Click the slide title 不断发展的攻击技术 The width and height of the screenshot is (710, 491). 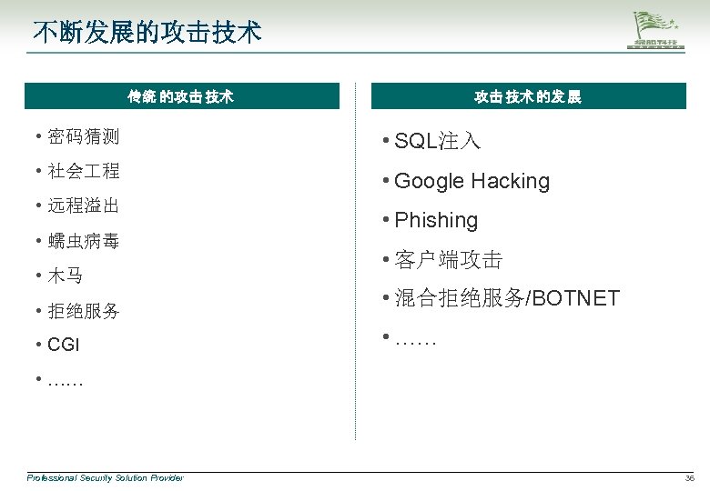[x=147, y=33]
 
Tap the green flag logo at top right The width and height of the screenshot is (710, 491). [x=658, y=31]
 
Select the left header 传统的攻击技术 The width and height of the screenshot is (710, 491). [x=181, y=96]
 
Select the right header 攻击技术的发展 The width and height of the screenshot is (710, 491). [x=527, y=96]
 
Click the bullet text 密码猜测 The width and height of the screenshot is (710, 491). [x=83, y=137]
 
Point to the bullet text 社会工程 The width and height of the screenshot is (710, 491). [x=83, y=171]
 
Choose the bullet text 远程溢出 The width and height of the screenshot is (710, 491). [x=83, y=205]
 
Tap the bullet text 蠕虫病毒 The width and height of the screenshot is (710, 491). [x=83, y=241]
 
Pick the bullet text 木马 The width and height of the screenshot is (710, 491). [x=65, y=275]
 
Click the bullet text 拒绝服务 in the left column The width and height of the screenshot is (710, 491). [x=83, y=310]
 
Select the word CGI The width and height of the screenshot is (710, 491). [x=64, y=345]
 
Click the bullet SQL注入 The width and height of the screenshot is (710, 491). [x=437, y=141]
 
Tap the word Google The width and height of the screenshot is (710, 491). [x=430, y=181]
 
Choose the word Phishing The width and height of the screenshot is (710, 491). [x=436, y=220]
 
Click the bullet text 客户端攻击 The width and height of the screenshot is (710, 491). [x=448, y=260]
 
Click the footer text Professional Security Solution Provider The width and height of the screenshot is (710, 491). [x=105, y=477]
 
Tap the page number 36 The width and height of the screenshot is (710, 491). [x=688, y=478]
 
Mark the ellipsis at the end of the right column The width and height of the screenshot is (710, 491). [x=416, y=340]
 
